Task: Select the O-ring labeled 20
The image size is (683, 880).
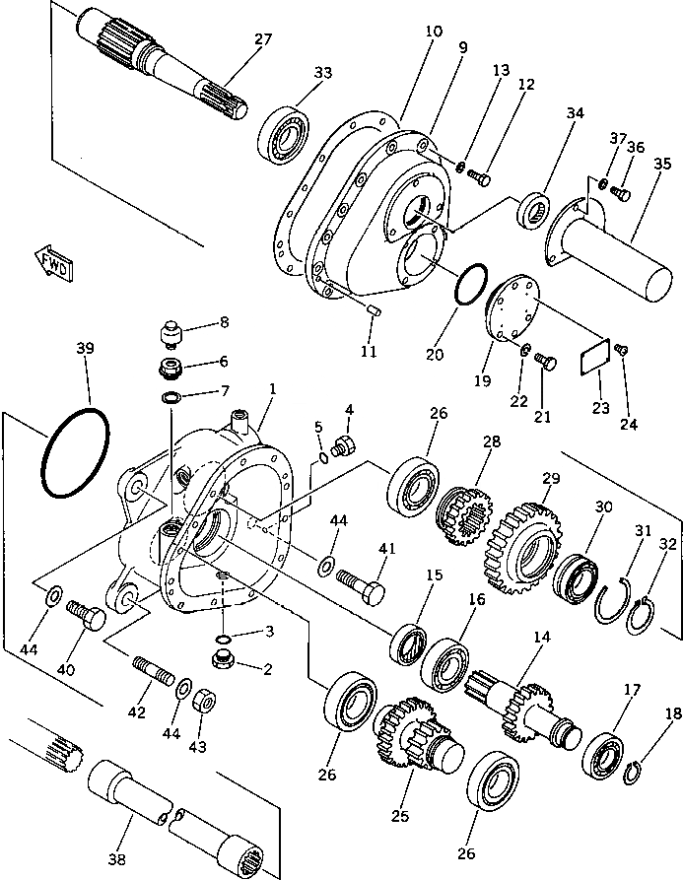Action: [471, 284]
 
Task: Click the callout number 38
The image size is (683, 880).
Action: [116, 860]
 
